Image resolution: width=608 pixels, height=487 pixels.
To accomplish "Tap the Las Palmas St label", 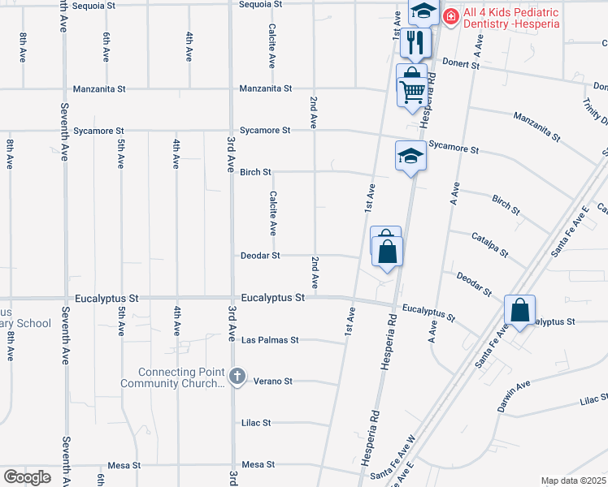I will click(271, 340).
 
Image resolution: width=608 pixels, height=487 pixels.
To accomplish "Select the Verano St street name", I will click(272, 381).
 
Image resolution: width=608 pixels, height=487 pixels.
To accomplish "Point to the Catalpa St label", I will click(489, 245).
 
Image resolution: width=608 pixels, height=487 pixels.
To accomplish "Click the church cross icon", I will click(237, 376).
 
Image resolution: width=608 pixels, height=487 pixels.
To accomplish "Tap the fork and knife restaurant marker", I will click(416, 41).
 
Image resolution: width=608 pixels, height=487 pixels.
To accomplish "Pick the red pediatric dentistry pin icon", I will click(451, 15).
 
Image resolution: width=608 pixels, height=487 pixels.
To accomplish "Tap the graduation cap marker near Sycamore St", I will click(410, 155).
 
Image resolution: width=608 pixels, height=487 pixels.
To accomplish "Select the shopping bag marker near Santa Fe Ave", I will click(519, 310).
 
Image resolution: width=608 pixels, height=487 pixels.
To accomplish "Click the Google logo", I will click(27, 477).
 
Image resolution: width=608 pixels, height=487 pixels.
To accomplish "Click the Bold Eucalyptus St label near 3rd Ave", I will click(271, 298).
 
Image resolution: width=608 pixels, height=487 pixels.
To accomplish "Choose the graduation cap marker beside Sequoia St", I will click(423, 12).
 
